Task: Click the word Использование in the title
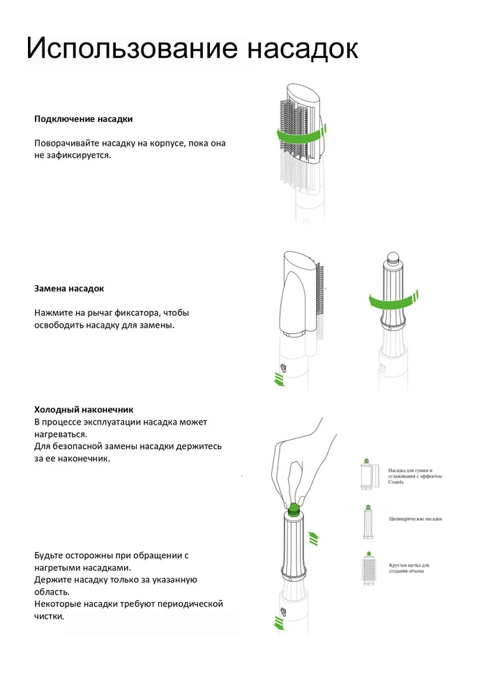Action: click(132, 49)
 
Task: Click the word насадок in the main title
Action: click(303, 49)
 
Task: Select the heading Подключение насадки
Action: click(84, 119)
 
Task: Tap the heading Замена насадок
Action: click(69, 288)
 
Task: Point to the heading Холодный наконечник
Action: click(84, 410)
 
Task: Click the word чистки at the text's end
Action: click(49, 616)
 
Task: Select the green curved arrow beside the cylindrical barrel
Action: click(394, 300)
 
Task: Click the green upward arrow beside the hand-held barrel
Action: click(314, 537)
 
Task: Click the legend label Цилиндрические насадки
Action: click(415, 519)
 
